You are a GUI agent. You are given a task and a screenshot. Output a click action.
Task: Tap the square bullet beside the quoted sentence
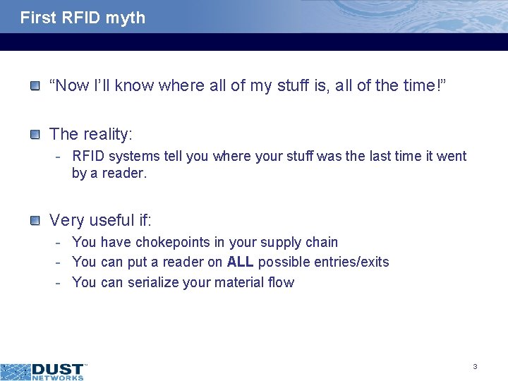[x=35, y=86]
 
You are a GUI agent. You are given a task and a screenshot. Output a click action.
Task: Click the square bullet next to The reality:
[x=35, y=134]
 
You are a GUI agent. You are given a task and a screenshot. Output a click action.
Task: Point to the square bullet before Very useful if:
[x=35, y=221]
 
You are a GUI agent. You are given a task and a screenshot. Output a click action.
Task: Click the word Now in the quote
[x=70, y=86]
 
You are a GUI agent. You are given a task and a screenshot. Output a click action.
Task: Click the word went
[x=452, y=156]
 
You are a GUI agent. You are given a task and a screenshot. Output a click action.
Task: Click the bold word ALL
[x=241, y=262]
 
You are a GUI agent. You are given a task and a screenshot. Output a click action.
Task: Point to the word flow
[x=281, y=282]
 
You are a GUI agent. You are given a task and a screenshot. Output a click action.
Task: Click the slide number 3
[x=475, y=366]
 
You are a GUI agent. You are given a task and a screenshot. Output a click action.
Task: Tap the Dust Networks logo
[x=42, y=371]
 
